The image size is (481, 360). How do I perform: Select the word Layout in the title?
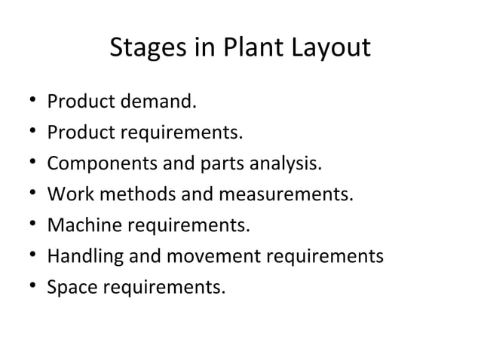[x=329, y=48]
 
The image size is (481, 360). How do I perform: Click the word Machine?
[x=78, y=226]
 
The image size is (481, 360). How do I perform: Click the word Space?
[x=69, y=288]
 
